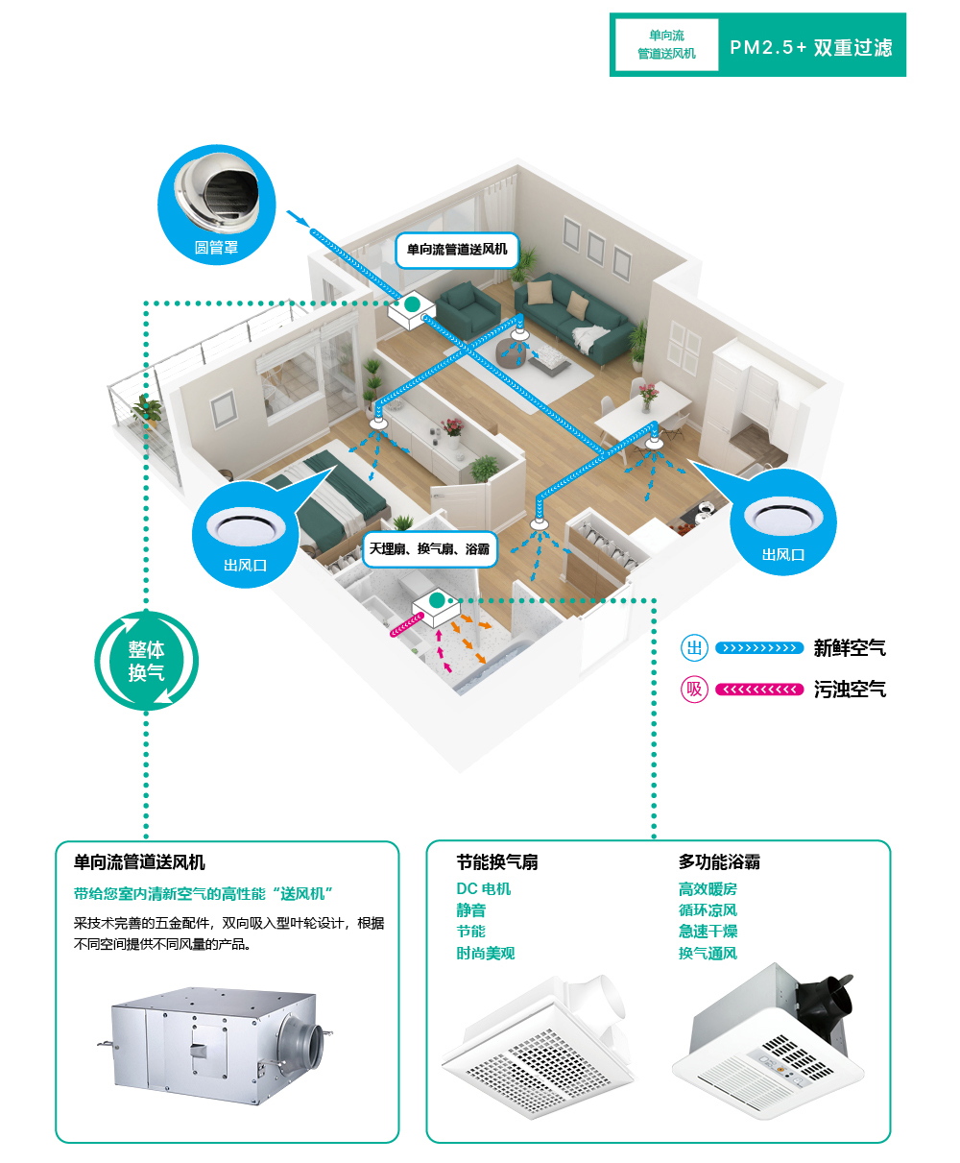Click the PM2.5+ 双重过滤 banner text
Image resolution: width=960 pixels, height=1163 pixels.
pyautogui.click(x=810, y=47)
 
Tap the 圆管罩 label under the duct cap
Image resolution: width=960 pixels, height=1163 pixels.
pyautogui.click(x=216, y=248)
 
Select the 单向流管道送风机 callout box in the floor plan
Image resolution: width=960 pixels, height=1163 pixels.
pyautogui.click(x=457, y=250)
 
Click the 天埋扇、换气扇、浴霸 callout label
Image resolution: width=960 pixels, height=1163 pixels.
pyautogui.click(x=429, y=549)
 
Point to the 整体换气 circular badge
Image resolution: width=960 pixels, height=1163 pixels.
pyautogui.click(x=146, y=661)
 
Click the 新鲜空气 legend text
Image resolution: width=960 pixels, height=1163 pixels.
pyautogui.click(x=850, y=648)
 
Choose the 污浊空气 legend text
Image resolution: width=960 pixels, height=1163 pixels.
pyautogui.click(x=850, y=690)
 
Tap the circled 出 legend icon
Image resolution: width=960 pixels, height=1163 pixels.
pyautogui.click(x=694, y=648)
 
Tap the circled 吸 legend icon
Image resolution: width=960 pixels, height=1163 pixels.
pyautogui.click(x=694, y=690)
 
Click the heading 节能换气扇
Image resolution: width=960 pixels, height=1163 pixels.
pyautogui.click(x=496, y=862)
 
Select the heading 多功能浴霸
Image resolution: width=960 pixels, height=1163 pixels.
pyautogui.click(x=719, y=862)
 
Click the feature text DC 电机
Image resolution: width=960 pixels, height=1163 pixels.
pyautogui.click(x=483, y=889)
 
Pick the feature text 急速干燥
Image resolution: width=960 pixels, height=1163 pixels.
pyautogui.click(x=708, y=932)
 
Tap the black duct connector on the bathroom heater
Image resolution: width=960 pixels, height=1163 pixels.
pyautogui.click(x=827, y=1002)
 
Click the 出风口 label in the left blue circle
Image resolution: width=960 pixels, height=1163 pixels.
pyautogui.click(x=245, y=566)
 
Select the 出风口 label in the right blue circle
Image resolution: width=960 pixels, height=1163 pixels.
pyautogui.click(x=782, y=555)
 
